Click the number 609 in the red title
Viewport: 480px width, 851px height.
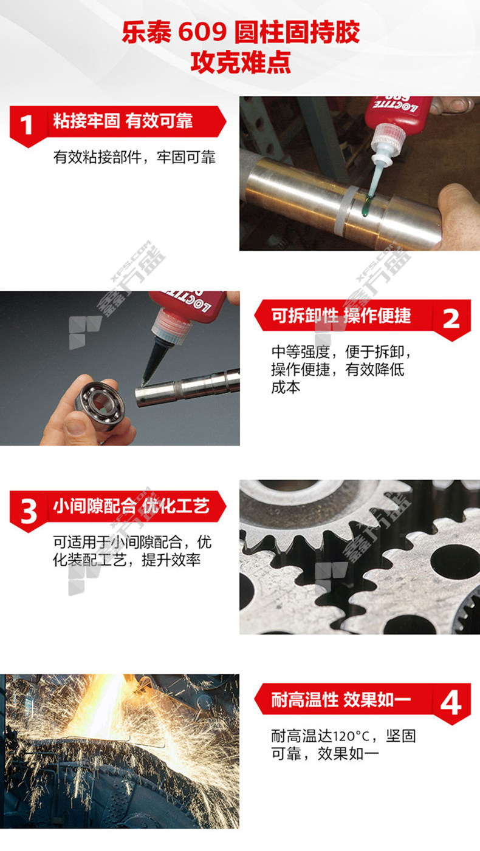[202, 33]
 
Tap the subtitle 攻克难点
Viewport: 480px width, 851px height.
[241, 63]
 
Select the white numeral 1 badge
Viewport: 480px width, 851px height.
[26, 125]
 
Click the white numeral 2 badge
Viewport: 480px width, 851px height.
[451, 319]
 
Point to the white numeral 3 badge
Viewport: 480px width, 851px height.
[29, 511]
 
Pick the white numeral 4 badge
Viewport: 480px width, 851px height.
[451, 703]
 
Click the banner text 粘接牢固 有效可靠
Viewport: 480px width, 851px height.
[123, 121]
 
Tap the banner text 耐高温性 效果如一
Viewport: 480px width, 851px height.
[341, 699]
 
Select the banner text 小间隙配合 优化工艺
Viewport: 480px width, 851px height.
[131, 506]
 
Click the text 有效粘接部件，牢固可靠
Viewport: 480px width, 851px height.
[134, 157]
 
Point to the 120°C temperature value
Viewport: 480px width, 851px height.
[351, 737]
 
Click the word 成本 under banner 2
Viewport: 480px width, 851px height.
[286, 387]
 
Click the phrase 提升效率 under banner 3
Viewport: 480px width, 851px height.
[171, 560]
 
